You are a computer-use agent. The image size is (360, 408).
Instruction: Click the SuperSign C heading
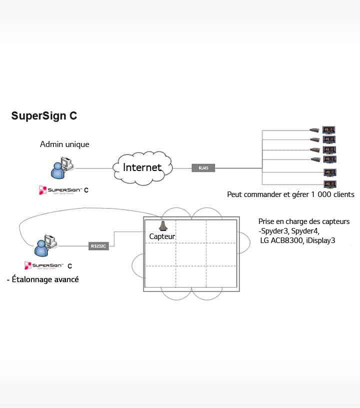pyautogui.click(x=44, y=116)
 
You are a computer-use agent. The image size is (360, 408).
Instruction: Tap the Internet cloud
pyautogui.click(x=142, y=167)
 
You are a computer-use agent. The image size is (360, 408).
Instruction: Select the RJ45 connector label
pyautogui.click(x=203, y=168)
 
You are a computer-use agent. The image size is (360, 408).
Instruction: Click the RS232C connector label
pyautogui.click(x=98, y=246)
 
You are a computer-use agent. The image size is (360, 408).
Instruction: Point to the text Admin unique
pyautogui.click(x=64, y=144)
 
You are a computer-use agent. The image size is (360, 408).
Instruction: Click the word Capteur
pyautogui.click(x=162, y=235)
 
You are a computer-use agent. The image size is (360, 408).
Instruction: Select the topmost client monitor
pyautogui.click(x=329, y=129)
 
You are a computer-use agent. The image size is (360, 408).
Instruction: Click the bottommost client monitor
pyautogui.click(x=329, y=184)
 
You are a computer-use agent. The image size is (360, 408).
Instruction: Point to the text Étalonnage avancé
pyautogui.click(x=42, y=279)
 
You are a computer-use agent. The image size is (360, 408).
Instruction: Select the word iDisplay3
pyautogui.click(x=320, y=240)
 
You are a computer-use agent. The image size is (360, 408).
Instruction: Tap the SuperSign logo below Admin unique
pyautogui.click(x=63, y=190)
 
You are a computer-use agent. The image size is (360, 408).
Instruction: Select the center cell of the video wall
pyautogui.click(x=190, y=254)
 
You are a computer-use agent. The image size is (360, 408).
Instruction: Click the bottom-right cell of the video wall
pyautogui.click(x=221, y=277)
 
